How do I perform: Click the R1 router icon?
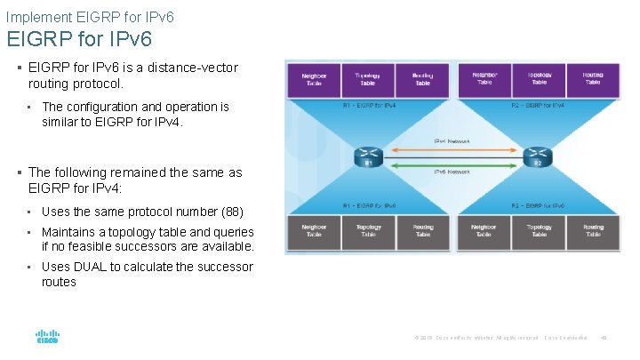[367, 156]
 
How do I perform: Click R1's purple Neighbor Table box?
[313, 80]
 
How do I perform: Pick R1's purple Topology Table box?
[367, 80]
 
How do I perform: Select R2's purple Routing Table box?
[593, 80]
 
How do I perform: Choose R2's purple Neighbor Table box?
[484, 80]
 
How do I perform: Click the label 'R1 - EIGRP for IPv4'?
[370, 106]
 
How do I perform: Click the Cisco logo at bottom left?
[47, 338]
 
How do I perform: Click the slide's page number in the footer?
[604, 337]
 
